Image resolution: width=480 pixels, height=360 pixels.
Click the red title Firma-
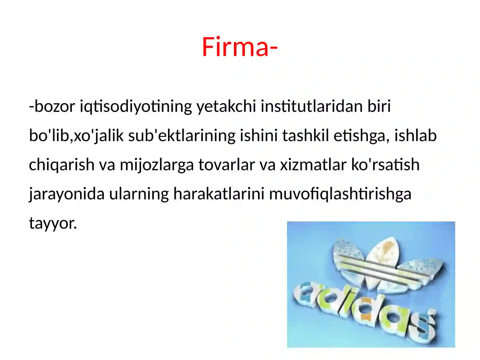click(239, 47)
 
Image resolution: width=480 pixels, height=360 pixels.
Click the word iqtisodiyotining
click(136, 106)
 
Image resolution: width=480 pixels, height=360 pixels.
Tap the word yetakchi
click(226, 106)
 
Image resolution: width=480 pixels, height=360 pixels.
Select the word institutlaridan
click(312, 106)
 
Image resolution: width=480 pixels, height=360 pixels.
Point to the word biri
click(379, 106)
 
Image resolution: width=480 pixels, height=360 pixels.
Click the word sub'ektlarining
click(181, 136)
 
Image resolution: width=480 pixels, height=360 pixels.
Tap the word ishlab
click(415, 136)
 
